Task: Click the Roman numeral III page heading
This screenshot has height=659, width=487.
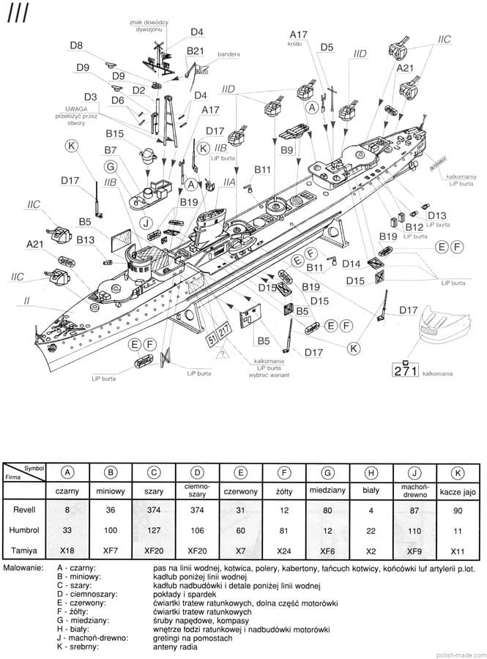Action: coord(18,15)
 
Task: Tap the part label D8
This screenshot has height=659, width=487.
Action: coord(76,45)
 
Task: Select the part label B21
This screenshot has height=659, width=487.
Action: coord(196,51)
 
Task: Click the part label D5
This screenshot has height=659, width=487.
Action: coord(327,48)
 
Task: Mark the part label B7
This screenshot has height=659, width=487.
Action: coord(111,150)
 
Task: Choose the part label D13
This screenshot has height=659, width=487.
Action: coord(436,215)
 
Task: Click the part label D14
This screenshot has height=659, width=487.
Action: coord(352,264)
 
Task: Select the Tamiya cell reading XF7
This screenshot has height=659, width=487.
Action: coord(110,549)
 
